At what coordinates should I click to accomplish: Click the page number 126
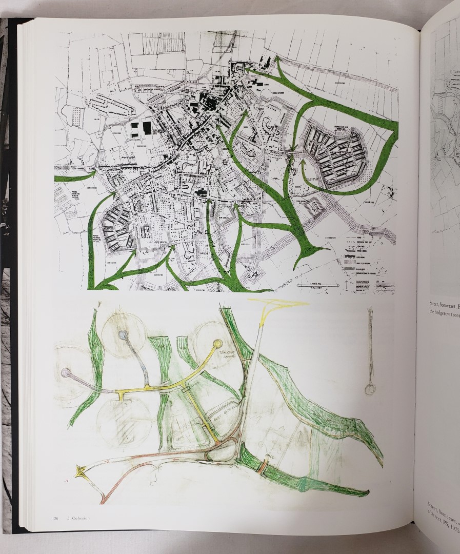(54, 517)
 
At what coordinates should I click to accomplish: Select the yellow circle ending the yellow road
(217, 343)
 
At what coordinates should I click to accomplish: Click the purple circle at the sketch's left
(65, 372)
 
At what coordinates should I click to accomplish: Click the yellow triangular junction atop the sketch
(277, 305)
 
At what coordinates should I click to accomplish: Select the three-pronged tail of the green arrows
(311, 251)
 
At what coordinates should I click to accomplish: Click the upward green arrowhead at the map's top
(278, 61)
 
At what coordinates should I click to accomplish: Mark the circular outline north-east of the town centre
(267, 93)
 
